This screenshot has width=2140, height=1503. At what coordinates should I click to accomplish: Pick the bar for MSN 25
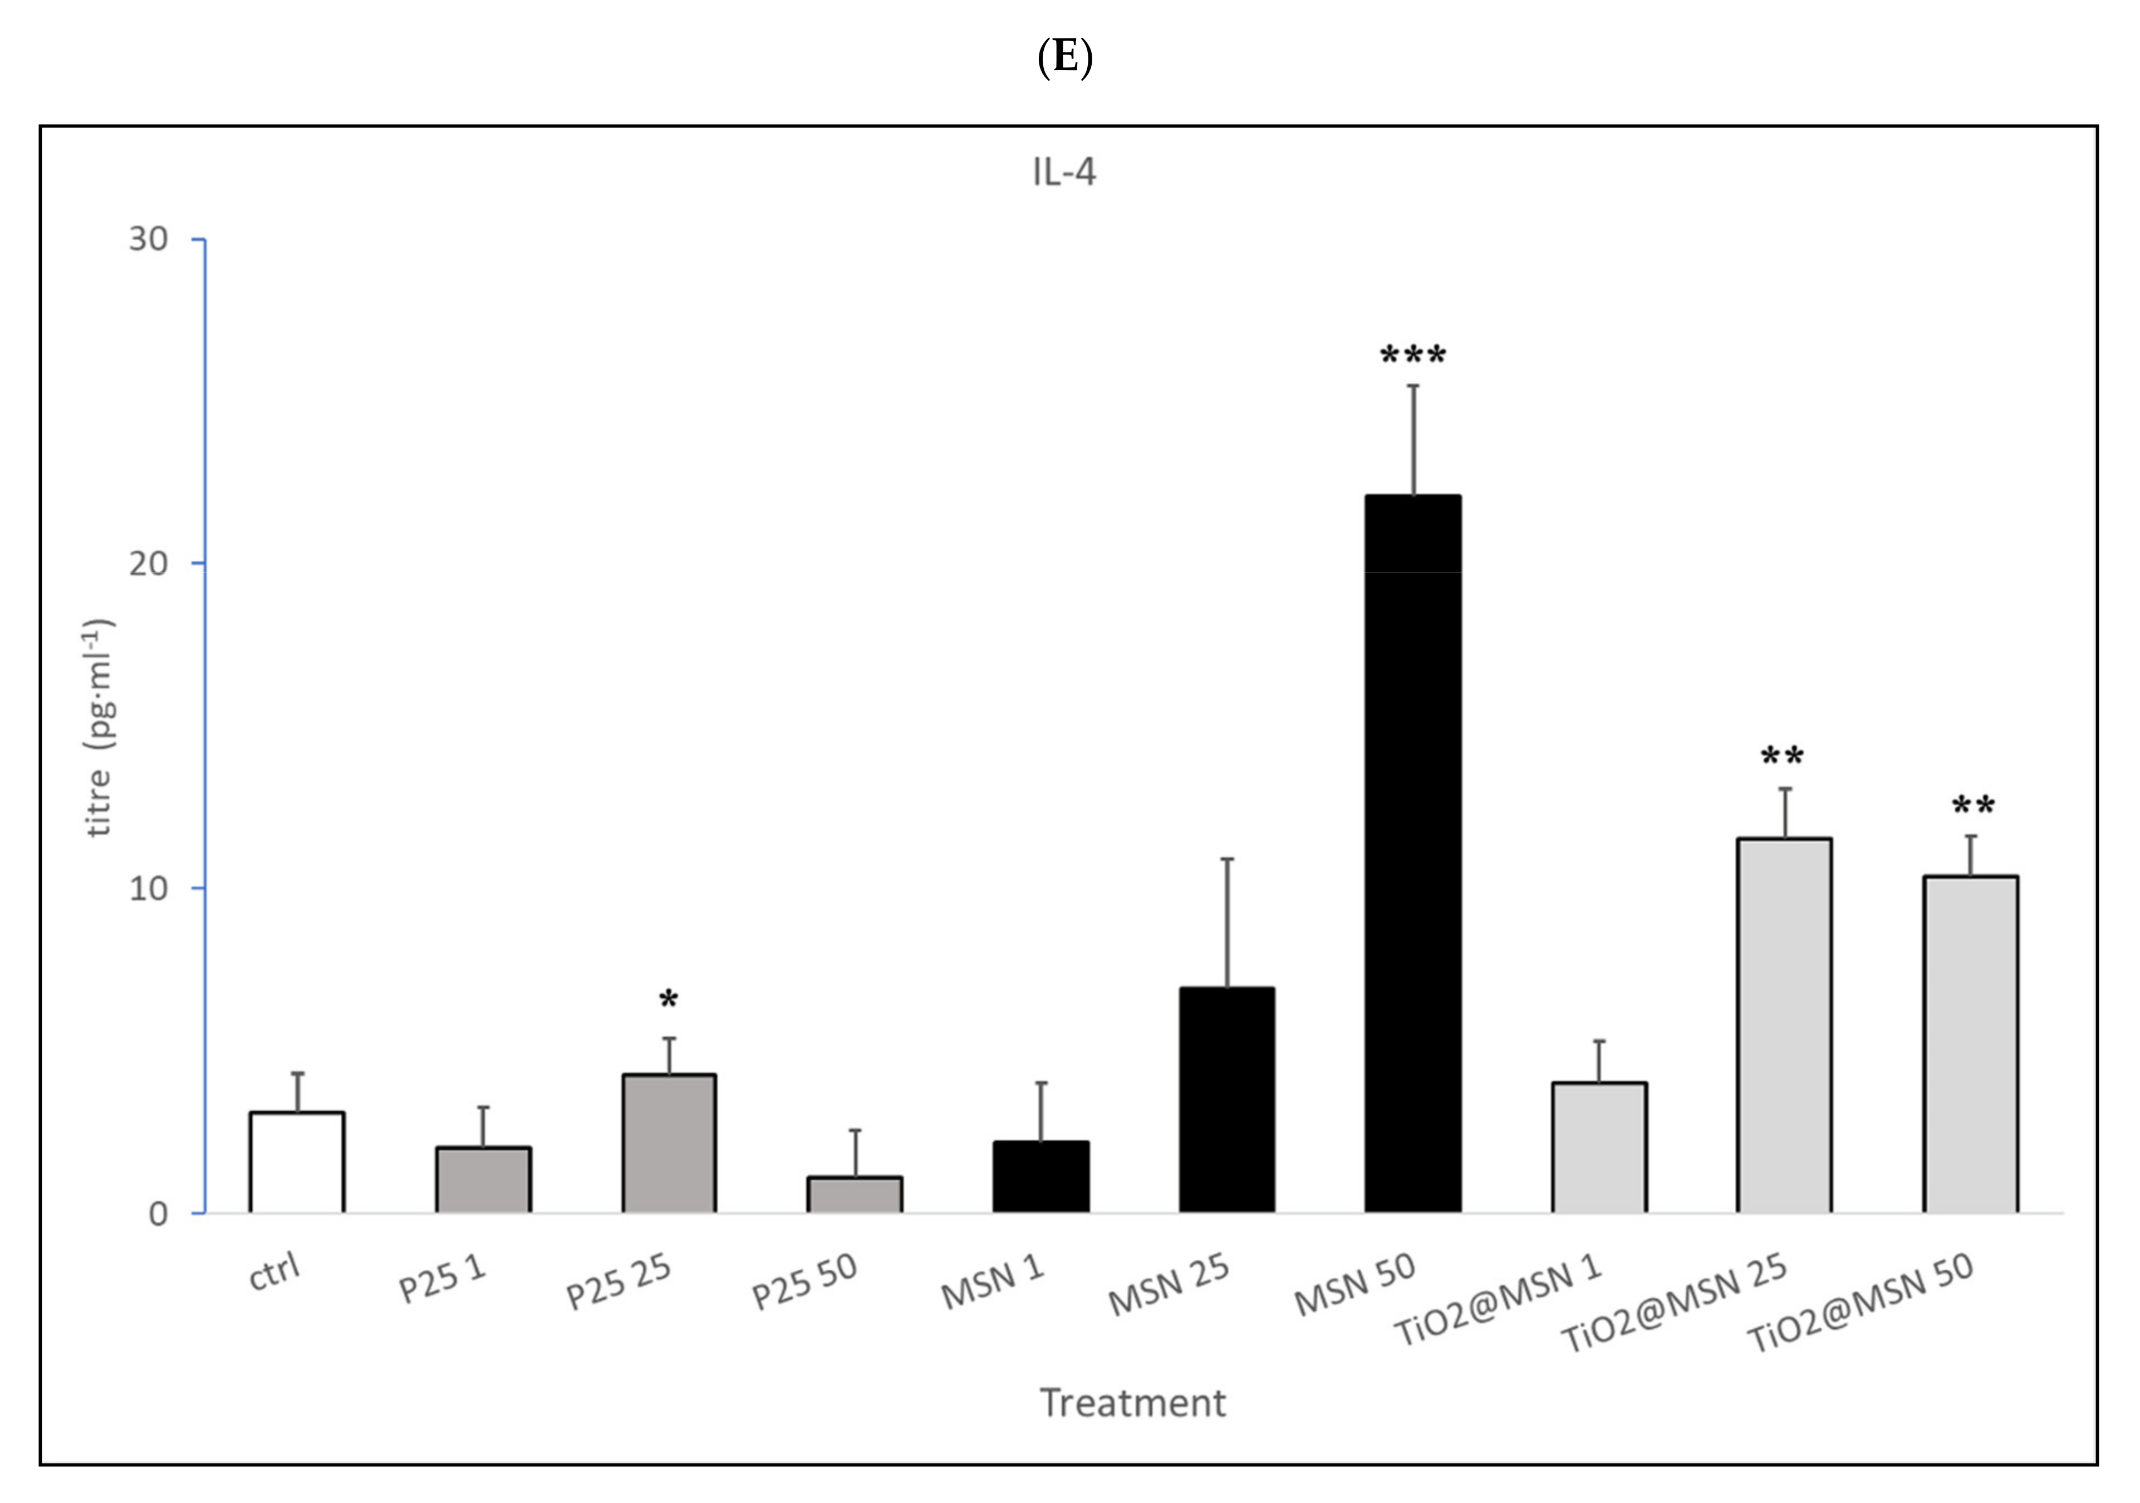1226,1100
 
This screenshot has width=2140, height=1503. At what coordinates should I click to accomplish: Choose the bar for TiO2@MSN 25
1783,1025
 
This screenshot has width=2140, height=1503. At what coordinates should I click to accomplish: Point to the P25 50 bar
855,1195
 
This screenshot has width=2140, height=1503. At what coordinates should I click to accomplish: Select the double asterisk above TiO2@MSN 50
1972,806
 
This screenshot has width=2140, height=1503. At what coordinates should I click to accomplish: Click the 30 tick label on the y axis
148,239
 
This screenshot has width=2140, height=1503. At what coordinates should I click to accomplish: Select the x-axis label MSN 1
993,1282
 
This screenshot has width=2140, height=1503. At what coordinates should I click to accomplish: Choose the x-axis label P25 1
443,1278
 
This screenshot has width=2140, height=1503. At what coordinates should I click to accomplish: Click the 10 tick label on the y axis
148,889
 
